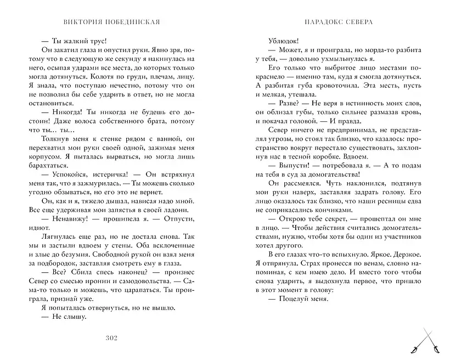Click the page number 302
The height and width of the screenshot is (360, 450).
click(112, 337)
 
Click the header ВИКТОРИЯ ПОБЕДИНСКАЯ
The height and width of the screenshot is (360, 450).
click(112, 22)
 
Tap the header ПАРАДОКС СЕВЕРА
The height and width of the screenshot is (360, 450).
click(337, 22)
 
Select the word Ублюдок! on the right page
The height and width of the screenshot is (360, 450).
click(284, 41)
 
